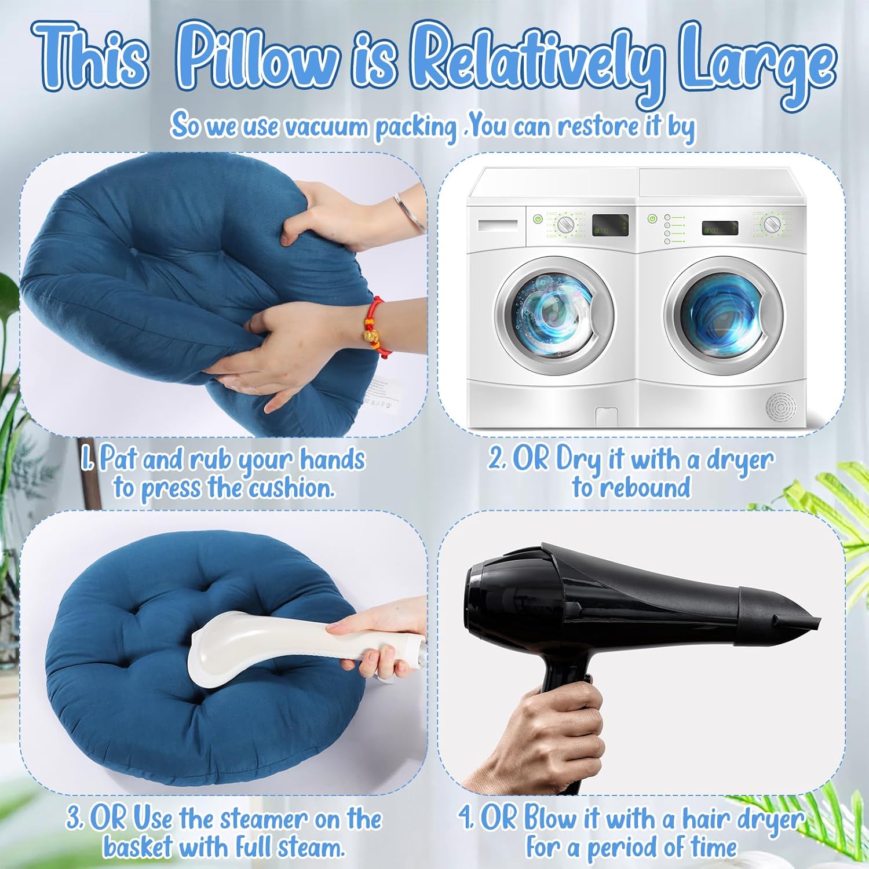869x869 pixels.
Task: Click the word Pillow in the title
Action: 258,58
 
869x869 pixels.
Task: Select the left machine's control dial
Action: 565,225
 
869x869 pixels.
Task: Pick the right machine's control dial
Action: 771,224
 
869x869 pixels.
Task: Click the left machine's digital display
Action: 609,225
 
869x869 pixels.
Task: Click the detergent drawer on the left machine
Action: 498,225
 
